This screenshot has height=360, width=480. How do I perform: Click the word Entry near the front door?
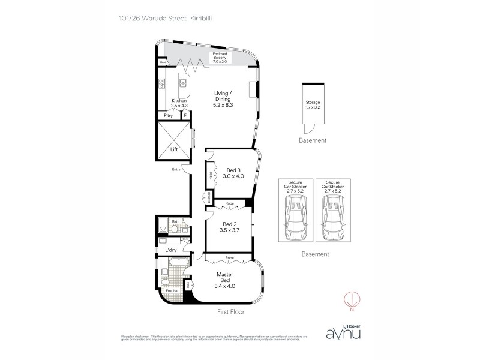pos(176,169)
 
